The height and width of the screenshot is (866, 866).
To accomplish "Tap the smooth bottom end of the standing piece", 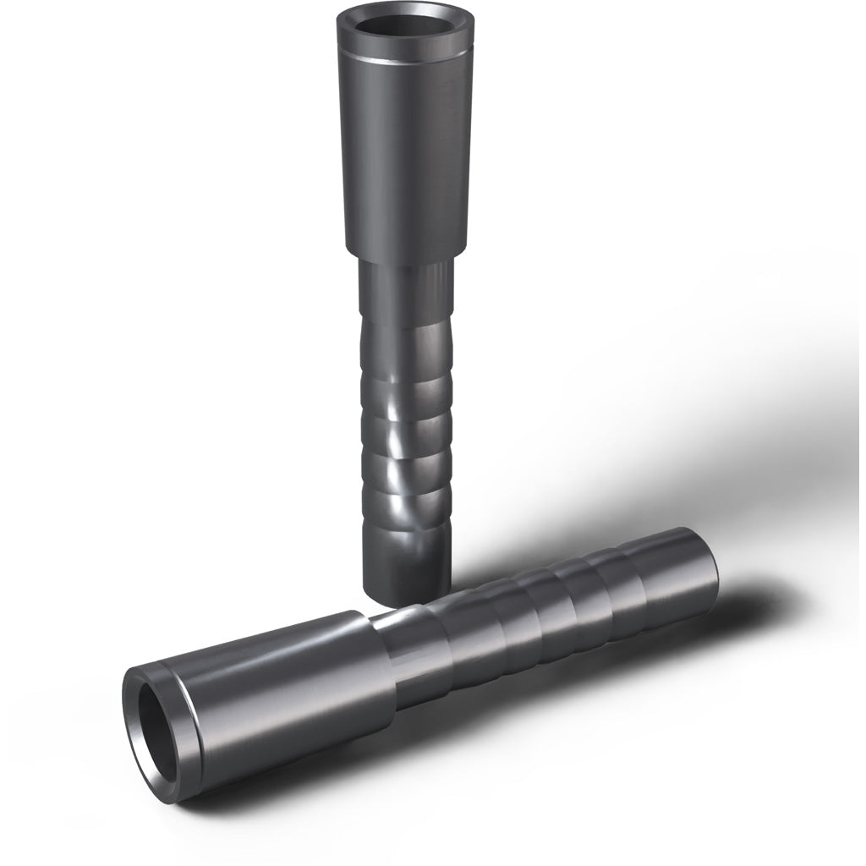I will tap(404, 567).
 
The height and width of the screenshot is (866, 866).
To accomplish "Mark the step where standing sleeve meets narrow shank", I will tap(402, 254).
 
